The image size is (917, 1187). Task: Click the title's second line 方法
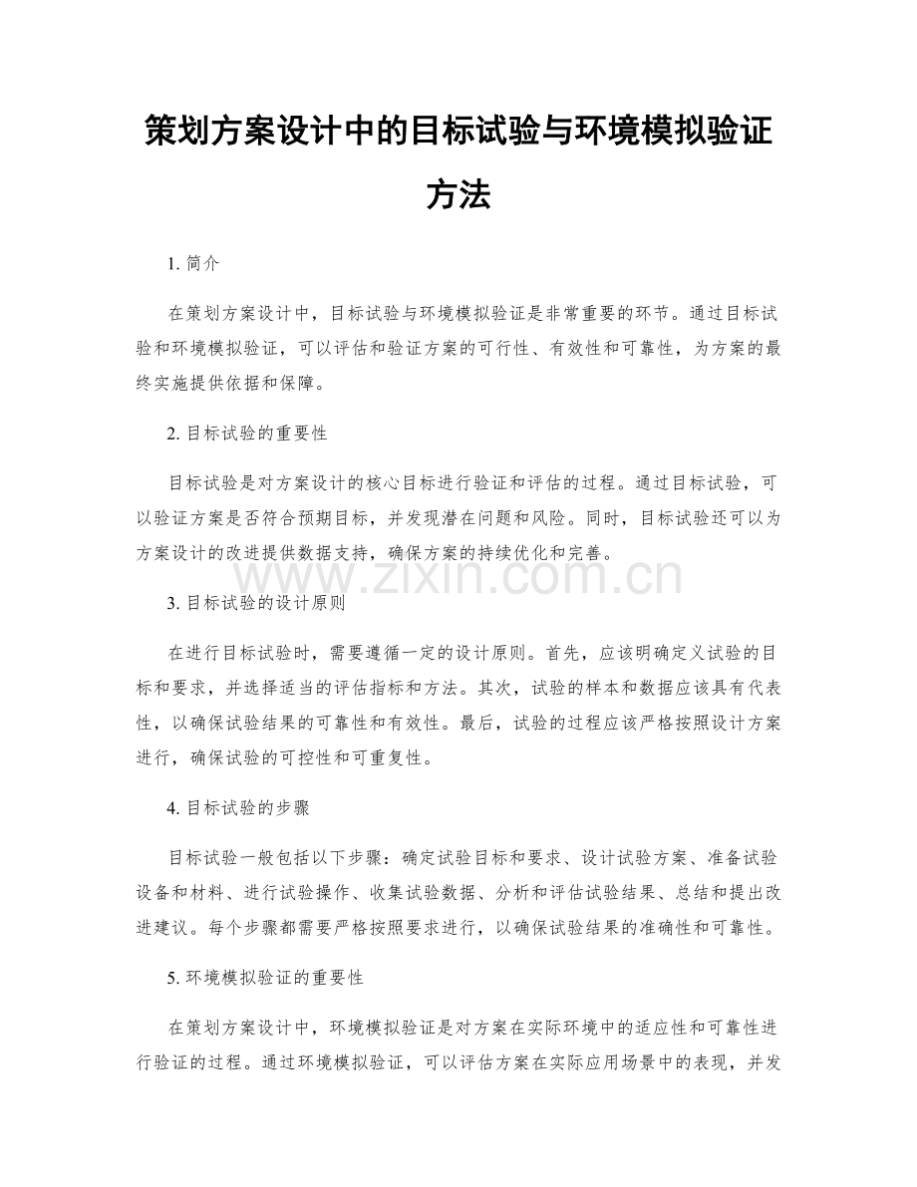[x=458, y=194]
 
